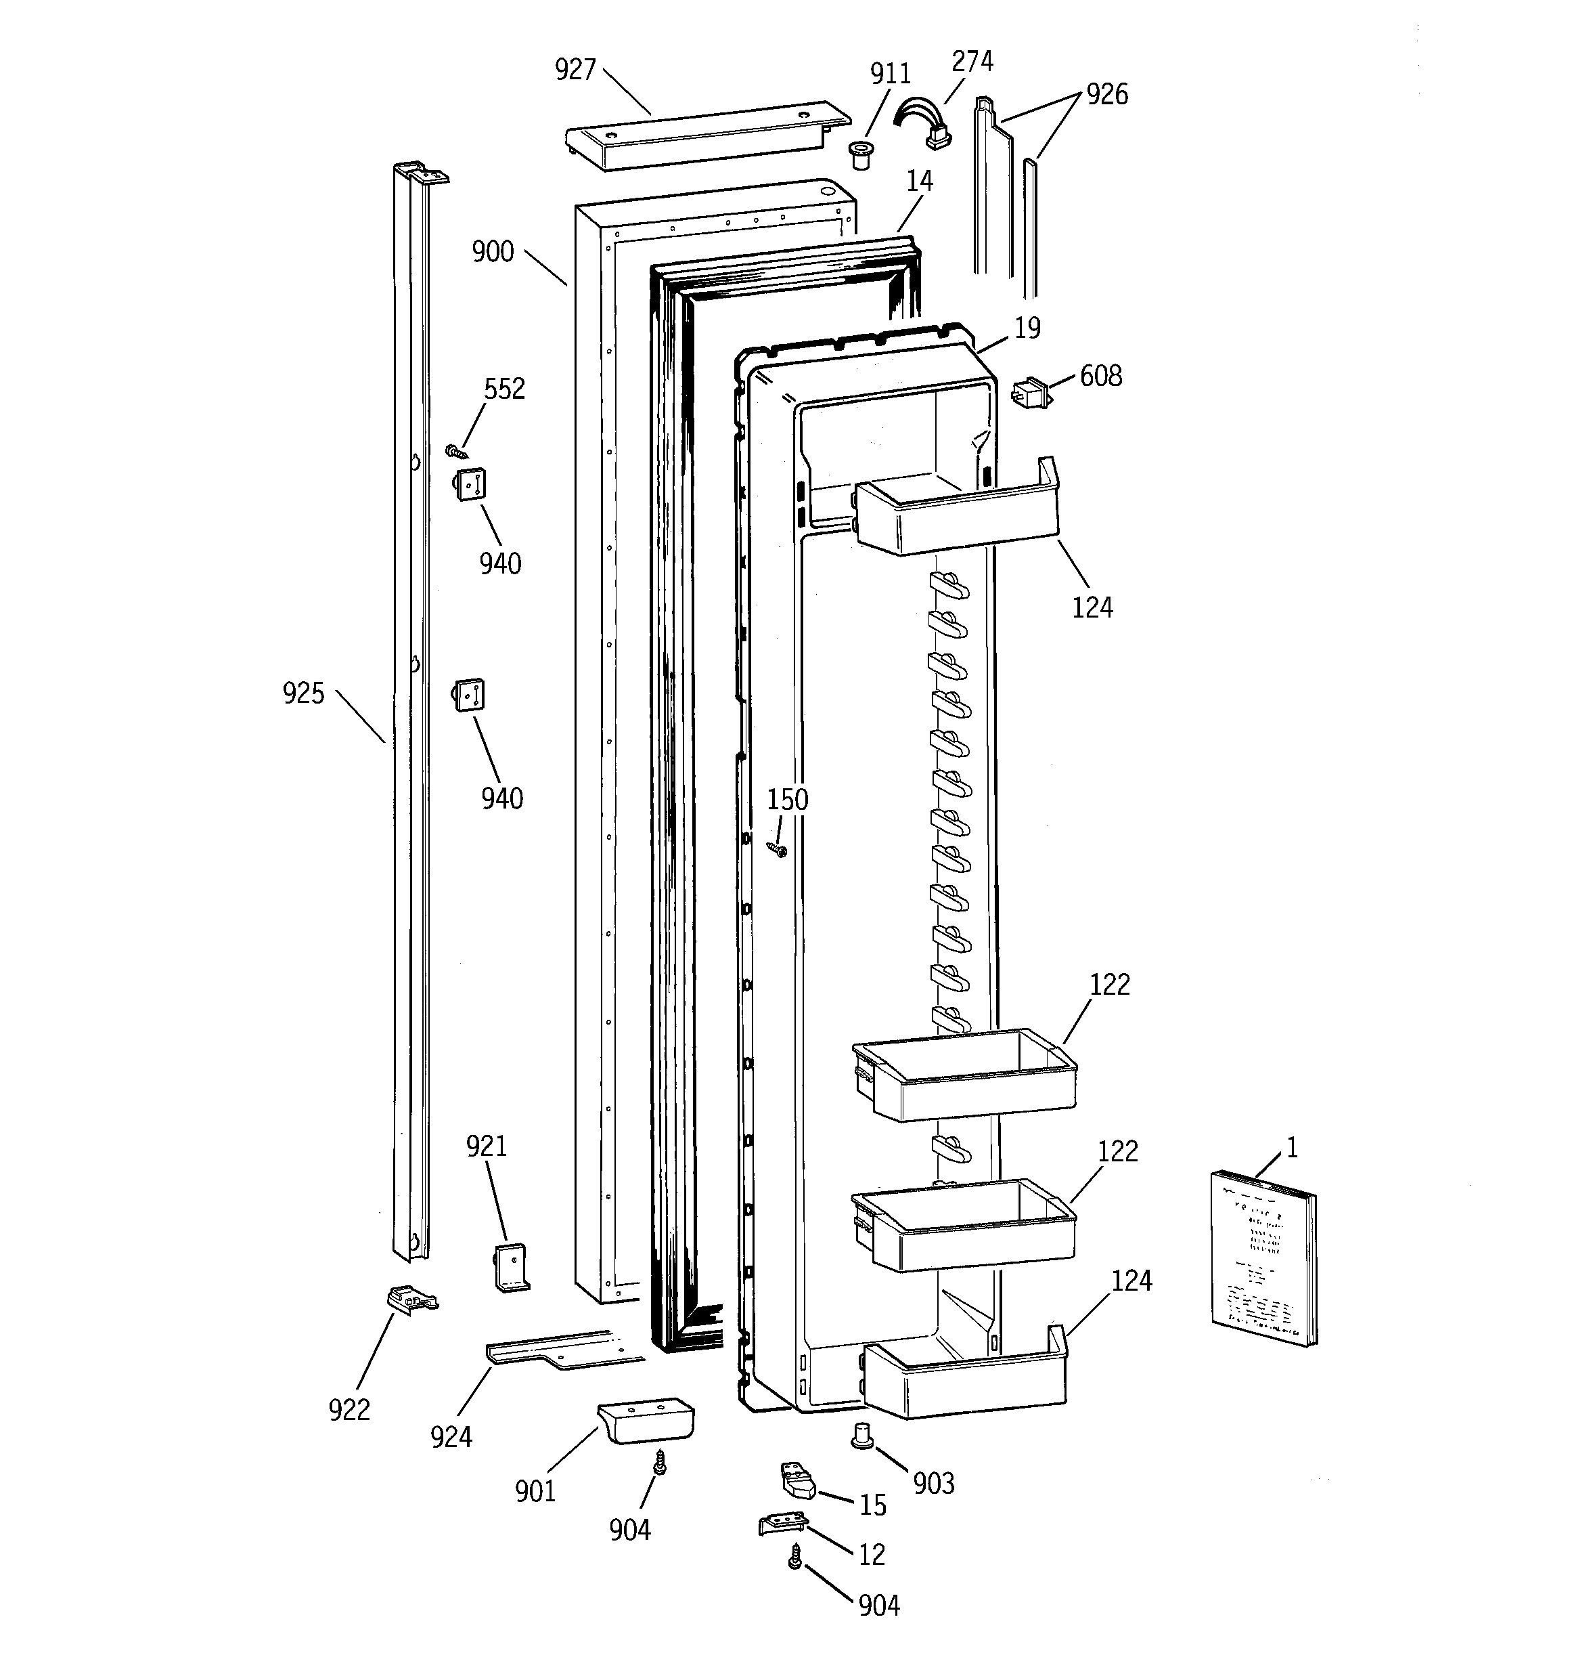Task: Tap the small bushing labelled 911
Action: point(859,155)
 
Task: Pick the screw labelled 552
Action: point(456,451)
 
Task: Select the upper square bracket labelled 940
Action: point(471,485)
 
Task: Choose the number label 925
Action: point(303,694)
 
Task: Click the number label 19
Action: point(1027,328)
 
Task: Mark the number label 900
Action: point(493,251)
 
